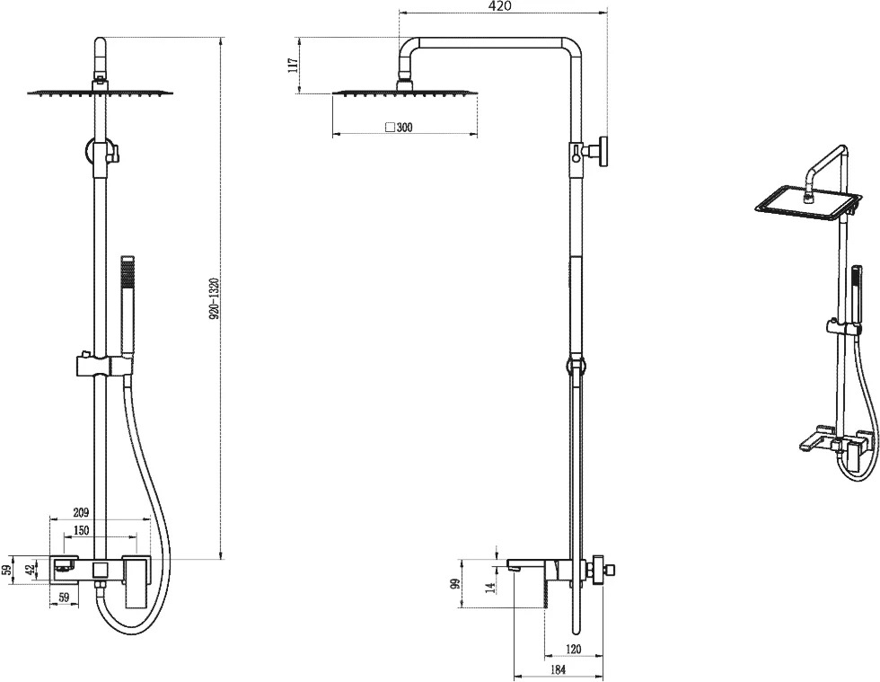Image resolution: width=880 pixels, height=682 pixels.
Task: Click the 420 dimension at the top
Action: tap(501, 6)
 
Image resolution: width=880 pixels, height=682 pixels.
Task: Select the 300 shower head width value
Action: tap(404, 128)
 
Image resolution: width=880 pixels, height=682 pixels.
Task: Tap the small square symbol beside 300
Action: tap(390, 127)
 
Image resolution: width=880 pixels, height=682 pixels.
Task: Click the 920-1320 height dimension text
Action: tap(214, 298)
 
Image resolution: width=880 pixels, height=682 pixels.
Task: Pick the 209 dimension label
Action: tap(82, 512)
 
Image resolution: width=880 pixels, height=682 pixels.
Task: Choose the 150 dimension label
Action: tap(82, 531)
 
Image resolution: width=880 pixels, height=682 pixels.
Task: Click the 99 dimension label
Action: tap(456, 583)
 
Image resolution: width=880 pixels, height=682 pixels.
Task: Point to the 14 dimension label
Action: tap(490, 588)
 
